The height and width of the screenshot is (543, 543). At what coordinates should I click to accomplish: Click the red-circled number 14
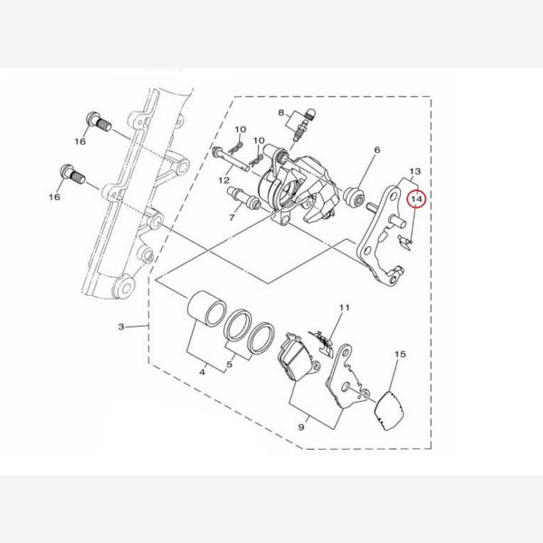click(x=416, y=199)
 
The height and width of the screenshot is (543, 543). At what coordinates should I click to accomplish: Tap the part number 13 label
click(x=414, y=171)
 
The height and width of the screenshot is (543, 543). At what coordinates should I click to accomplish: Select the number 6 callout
click(x=377, y=149)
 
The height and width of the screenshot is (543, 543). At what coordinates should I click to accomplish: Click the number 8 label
click(x=281, y=112)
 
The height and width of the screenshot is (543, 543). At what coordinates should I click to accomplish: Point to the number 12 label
click(x=224, y=180)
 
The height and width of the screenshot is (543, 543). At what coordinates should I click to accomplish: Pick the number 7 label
click(x=232, y=217)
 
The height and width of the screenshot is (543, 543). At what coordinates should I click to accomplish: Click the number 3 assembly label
click(x=121, y=326)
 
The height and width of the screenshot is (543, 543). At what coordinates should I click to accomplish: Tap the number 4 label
click(x=202, y=372)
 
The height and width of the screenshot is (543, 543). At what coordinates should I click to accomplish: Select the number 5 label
click(x=230, y=365)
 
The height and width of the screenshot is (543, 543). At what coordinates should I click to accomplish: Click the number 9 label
click(x=301, y=427)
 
